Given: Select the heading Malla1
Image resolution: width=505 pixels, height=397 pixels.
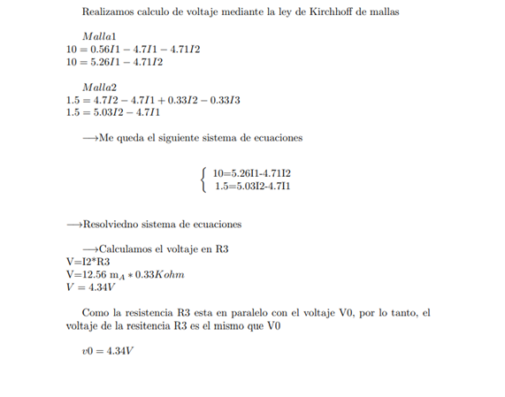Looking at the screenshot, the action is (100, 35).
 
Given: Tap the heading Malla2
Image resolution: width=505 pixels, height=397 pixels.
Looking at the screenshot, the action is (100, 88).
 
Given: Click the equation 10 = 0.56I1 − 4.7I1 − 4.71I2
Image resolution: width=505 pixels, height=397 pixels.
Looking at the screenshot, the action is (133, 50).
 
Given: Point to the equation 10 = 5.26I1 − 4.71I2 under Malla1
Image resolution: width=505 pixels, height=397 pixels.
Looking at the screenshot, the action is (115, 63).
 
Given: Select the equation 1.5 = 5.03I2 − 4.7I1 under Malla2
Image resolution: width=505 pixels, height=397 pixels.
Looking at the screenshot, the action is (115, 113).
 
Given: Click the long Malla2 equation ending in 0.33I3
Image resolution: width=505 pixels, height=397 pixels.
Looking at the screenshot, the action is (153, 101).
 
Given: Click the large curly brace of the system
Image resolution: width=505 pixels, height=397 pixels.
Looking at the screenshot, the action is (204, 179).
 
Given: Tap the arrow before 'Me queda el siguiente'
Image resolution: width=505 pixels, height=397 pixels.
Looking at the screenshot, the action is (89, 139).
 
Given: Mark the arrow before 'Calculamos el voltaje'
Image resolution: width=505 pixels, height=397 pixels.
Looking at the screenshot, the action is (89, 249).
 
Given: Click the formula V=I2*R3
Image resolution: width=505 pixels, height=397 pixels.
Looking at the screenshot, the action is (88, 262).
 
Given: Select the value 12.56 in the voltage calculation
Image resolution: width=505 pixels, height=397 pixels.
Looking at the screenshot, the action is (96, 275).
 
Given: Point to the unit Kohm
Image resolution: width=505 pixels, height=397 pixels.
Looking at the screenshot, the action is (168, 275).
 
